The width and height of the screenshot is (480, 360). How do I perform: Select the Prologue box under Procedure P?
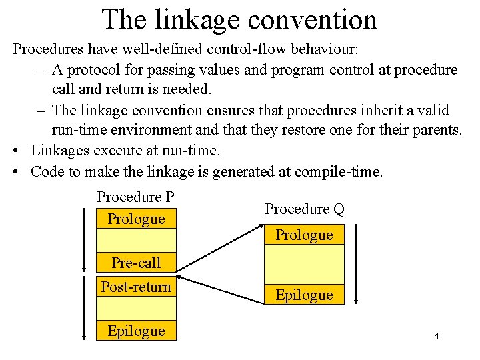(136, 219)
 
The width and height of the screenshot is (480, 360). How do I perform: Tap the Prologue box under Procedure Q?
(304, 235)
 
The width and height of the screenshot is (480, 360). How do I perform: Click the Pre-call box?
(136, 263)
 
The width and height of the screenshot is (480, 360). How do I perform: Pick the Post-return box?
(136, 287)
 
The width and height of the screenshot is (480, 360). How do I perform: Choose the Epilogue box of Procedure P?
(136, 331)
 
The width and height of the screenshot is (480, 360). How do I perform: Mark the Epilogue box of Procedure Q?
(304, 295)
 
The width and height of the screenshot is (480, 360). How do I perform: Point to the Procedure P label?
(135, 197)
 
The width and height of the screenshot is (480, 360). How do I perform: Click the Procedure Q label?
(305, 209)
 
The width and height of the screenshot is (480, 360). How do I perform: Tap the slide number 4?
(437, 336)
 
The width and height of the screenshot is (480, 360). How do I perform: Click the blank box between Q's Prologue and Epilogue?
(304, 265)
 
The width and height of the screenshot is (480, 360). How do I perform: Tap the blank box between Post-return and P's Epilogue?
(136, 308)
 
